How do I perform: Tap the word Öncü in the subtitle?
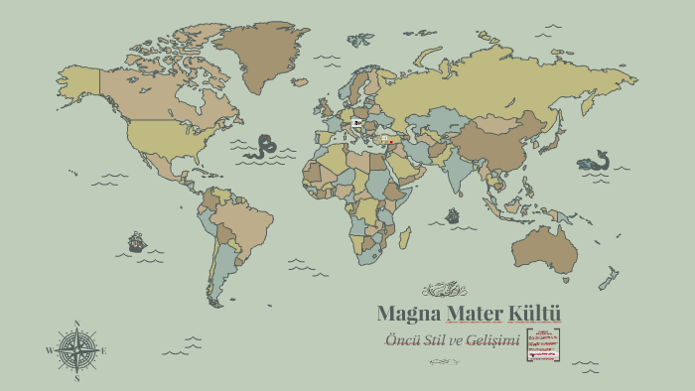click(x=402, y=341)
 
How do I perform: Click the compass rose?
click(x=76, y=350)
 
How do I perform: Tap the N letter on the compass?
click(x=76, y=324)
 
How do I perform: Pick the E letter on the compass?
click(x=103, y=351)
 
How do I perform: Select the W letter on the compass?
click(x=49, y=351)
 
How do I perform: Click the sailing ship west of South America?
click(x=136, y=241)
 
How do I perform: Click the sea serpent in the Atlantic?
click(x=263, y=147)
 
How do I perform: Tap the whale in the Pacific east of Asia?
click(x=596, y=162)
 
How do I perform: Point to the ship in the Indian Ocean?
click(x=453, y=214)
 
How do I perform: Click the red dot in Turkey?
click(x=390, y=140)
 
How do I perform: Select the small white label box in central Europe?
click(x=356, y=123)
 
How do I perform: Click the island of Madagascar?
click(x=404, y=237)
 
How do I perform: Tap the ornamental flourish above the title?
click(x=444, y=290)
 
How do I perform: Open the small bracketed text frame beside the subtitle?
click(x=543, y=344)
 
